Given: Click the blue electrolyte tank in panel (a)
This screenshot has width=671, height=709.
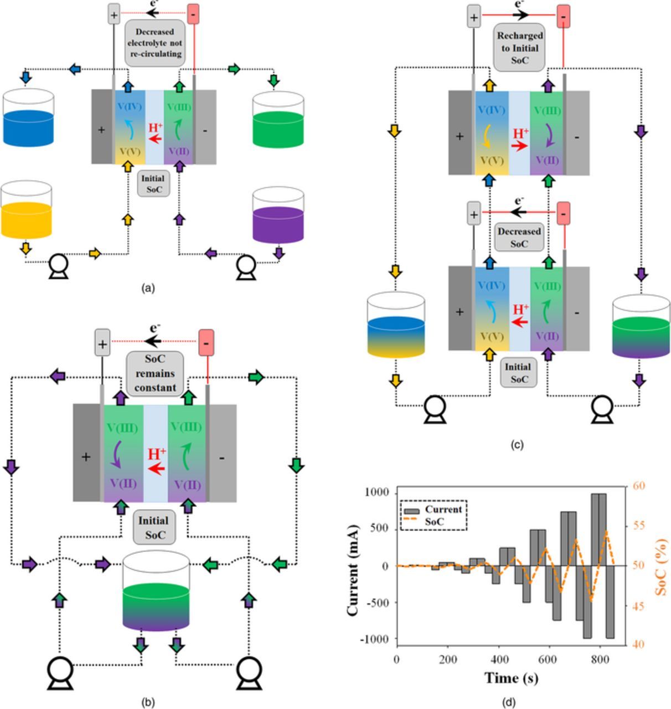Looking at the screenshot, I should (28, 119).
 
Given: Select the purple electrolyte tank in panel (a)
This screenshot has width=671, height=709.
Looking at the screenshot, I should (278, 216).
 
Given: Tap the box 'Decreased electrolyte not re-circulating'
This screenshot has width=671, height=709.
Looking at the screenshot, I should (154, 43).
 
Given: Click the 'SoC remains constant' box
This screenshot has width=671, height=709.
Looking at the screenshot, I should (155, 373).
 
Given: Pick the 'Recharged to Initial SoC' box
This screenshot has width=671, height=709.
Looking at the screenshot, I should (519, 48).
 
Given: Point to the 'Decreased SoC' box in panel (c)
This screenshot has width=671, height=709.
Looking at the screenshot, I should (519, 237).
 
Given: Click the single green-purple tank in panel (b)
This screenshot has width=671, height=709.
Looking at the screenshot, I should (156, 593).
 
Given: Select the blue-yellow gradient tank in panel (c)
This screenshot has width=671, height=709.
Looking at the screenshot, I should (396, 326).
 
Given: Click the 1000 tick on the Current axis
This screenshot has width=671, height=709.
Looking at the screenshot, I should (376, 492).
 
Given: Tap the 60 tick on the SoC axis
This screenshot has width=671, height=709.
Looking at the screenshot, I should (639, 486).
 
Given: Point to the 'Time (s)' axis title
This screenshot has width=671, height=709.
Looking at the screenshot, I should (511, 677).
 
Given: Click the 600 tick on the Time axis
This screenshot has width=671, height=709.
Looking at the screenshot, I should (549, 660).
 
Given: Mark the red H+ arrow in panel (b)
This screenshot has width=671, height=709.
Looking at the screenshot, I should (157, 469).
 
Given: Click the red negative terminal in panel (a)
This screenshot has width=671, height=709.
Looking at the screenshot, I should (193, 14).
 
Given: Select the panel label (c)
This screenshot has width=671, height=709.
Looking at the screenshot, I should (516, 444).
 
